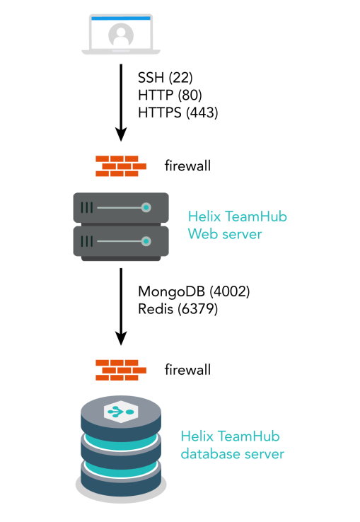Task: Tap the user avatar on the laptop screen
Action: [x=120, y=33]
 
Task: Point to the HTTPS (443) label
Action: [x=178, y=112]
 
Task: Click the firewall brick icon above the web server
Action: [x=121, y=166]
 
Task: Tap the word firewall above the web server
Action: [x=187, y=166]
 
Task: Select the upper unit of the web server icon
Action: [x=121, y=208]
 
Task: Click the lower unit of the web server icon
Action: [x=121, y=241]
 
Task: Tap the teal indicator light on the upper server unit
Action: [x=146, y=208]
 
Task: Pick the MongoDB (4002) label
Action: [x=194, y=291]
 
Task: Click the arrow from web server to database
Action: [x=121, y=304]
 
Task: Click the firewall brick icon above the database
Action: [x=121, y=369]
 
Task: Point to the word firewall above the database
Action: [x=187, y=369]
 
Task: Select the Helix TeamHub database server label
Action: [x=232, y=445]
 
